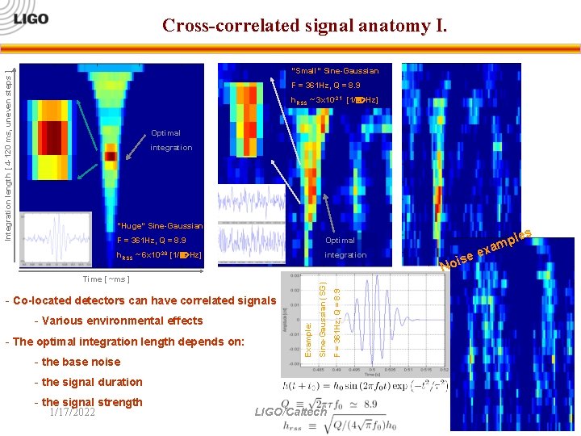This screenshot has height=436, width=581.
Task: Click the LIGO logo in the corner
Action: (29, 18)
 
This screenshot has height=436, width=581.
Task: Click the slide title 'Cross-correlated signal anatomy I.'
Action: (304, 25)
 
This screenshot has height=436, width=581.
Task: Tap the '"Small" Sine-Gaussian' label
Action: (335, 71)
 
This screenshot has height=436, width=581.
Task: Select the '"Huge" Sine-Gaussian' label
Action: (161, 225)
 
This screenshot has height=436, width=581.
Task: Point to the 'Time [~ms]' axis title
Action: (107, 279)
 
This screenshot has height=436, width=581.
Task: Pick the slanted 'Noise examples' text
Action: (486, 249)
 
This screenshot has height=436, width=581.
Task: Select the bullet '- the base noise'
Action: (76, 362)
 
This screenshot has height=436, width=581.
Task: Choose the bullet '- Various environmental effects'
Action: (118, 321)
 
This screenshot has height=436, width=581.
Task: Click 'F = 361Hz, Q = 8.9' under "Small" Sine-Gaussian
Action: (326, 85)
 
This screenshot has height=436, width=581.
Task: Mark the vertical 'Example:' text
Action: (309, 338)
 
